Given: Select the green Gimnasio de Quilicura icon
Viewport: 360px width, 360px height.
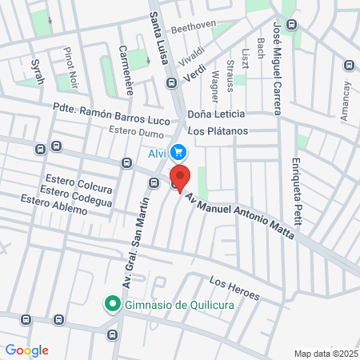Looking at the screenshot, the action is (112, 304).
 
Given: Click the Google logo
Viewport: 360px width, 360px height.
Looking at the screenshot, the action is (26, 350).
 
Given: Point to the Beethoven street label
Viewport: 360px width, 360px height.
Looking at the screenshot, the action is (194, 25).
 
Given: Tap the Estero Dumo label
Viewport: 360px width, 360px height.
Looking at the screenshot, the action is (135, 130).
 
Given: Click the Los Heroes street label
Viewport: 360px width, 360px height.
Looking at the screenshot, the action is (234, 290).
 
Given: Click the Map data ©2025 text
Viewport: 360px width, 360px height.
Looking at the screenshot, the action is (324, 353).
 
